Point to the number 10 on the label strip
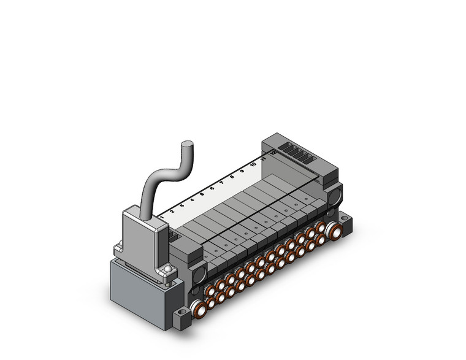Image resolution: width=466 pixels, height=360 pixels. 253,164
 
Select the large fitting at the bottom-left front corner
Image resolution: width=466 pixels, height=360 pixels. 198,310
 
